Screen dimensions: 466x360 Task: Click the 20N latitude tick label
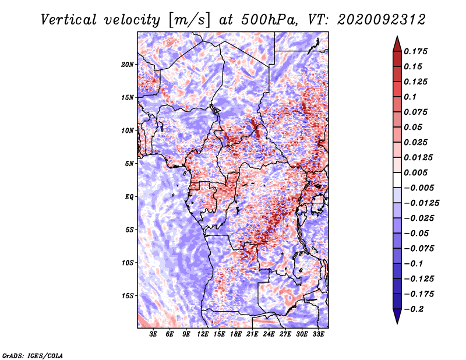click(x=128, y=65)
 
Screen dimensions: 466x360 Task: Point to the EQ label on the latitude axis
click(x=129, y=197)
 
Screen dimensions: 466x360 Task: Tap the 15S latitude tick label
click(x=128, y=296)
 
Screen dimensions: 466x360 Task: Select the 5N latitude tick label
click(x=129, y=164)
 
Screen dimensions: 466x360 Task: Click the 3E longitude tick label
click(x=153, y=334)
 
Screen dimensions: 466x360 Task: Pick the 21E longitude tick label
click(x=252, y=334)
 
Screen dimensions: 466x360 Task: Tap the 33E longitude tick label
click(x=318, y=334)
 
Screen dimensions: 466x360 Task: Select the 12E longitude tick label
click(x=202, y=334)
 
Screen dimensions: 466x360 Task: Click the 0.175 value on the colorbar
click(x=415, y=51)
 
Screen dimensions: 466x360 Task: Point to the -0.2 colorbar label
click(x=414, y=309)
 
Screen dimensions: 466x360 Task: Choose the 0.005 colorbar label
click(x=415, y=172)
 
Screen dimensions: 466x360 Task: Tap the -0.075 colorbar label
click(x=419, y=249)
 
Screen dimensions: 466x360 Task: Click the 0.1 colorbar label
click(x=410, y=97)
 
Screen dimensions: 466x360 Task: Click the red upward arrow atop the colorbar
click(x=397, y=44)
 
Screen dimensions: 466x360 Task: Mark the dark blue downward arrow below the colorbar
click(x=397, y=316)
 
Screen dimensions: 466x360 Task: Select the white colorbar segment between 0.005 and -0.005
click(x=397, y=180)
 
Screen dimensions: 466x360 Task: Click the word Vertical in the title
click(x=69, y=20)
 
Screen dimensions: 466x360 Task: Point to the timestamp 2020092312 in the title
click(x=382, y=20)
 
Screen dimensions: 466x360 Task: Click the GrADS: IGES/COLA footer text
click(x=33, y=355)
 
